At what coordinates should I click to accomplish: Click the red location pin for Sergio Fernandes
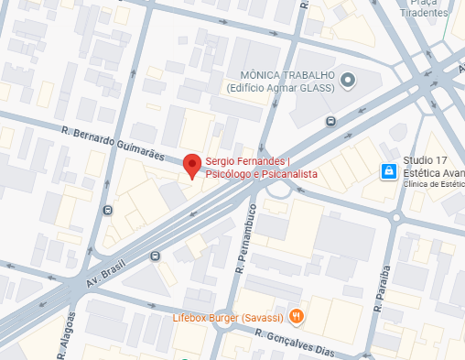point(191,166)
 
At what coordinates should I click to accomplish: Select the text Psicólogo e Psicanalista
point(262,173)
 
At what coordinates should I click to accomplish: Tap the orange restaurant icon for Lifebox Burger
point(296,317)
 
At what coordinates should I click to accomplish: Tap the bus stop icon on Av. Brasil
point(155,257)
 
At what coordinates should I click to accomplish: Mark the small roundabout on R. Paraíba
point(397,218)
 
